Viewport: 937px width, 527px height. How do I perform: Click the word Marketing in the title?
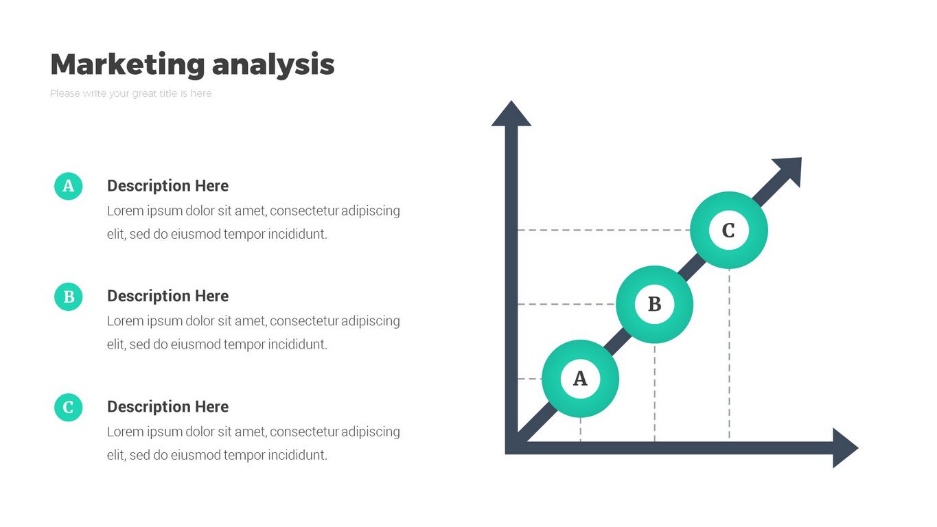click(128, 65)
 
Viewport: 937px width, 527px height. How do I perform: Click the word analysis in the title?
click(273, 65)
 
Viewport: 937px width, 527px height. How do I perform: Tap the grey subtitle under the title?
click(131, 93)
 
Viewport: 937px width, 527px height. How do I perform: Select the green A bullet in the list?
click(68, 186)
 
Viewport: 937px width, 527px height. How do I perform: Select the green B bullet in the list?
click(68, 296)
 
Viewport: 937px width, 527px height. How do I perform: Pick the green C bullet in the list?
click(68, 408)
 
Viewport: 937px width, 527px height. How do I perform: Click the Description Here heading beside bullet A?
click(167, 186)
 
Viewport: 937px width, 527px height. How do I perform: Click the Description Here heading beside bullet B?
click(167, 296)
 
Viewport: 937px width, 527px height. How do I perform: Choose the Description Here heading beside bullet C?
click(167, 407)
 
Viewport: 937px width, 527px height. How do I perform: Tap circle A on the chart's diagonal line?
click(580, 379)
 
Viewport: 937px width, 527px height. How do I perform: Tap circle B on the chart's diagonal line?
click(654, 304)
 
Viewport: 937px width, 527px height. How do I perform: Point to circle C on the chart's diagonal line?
click(728, 230)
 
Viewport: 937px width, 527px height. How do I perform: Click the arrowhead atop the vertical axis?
click(511, 114)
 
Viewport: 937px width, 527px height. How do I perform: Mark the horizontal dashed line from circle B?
click(566, 304)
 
